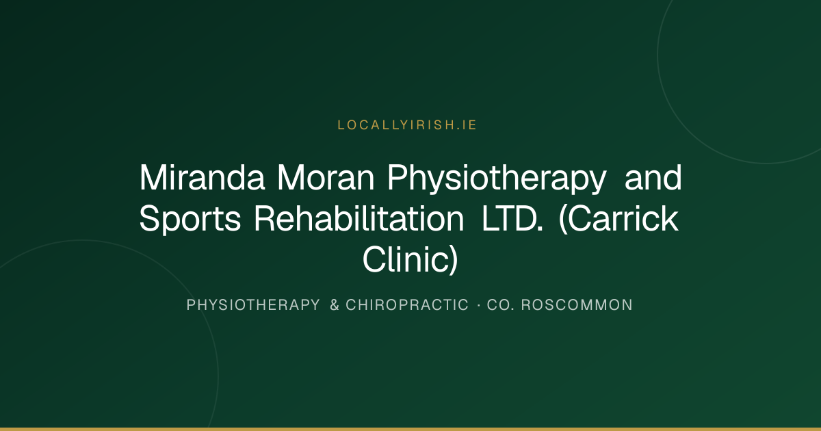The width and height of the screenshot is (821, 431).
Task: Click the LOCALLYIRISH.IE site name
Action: [407, 125]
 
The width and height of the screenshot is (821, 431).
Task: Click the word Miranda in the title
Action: [202, 178]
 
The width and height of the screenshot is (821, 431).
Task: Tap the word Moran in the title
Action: [326, 178]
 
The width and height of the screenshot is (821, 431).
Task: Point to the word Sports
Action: [190, 220]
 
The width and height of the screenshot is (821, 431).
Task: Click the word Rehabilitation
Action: [359, 218]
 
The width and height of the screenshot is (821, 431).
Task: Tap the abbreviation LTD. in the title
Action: [512, 218]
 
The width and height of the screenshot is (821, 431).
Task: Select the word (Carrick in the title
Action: [618, 219]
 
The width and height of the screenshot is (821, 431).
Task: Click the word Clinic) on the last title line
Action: [410, 259]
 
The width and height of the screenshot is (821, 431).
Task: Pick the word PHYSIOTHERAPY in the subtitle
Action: [253, 305]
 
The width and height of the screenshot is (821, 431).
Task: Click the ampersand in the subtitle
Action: [335, 305]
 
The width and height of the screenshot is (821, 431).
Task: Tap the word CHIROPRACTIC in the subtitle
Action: [407, 305]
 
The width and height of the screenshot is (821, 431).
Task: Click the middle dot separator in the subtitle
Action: [479, 305]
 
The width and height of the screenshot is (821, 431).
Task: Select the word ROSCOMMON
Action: [577, 305]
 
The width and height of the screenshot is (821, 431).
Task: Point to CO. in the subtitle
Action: [501, 305]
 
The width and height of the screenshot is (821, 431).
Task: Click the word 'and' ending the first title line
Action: [653, 178]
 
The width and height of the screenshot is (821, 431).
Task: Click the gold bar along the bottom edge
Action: [410, 429]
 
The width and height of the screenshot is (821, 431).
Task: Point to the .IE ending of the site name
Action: [467, 125]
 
